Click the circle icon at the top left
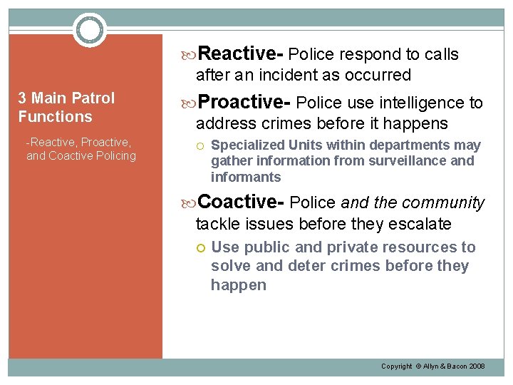[x=89, y=29]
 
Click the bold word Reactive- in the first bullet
[x=242, y=53]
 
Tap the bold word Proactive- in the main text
[x=245, y=103]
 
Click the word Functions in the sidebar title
[x=55, y=116]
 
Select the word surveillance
[x=406, y=161]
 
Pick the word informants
[x=246, y=177]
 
